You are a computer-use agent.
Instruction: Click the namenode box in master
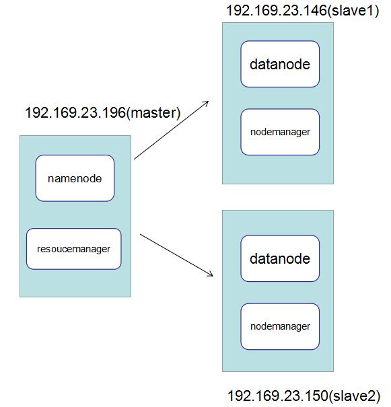coord(75,178)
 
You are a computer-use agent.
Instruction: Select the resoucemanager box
coord(74,249)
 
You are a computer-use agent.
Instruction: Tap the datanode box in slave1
coord(280,64)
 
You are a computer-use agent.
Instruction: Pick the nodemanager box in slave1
coord(280,132)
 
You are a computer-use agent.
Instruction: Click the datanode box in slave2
coord(280,258)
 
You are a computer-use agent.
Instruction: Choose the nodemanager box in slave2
coord(280,326)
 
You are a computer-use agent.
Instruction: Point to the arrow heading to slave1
coord(172,130)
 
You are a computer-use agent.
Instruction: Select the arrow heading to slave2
coord(176,255)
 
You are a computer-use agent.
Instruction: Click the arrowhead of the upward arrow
coord(209,101)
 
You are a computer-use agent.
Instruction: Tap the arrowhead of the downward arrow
coord(213,276)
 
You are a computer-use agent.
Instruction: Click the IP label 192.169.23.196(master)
coord(102,113)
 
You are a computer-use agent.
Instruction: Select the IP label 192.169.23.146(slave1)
coord(303,11)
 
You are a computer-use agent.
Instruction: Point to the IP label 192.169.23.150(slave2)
coord(304,396)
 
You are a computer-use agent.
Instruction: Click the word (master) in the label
coord(153,113)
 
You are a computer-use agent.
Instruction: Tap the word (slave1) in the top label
coord(353,11)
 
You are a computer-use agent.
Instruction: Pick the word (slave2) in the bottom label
coord(355,396)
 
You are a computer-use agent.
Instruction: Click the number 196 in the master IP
coord(114,112)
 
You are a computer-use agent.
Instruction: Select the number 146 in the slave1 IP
coord(316,11)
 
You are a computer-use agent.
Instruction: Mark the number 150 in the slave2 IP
coord(316,396)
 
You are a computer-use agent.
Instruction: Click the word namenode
coord(75,178)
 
